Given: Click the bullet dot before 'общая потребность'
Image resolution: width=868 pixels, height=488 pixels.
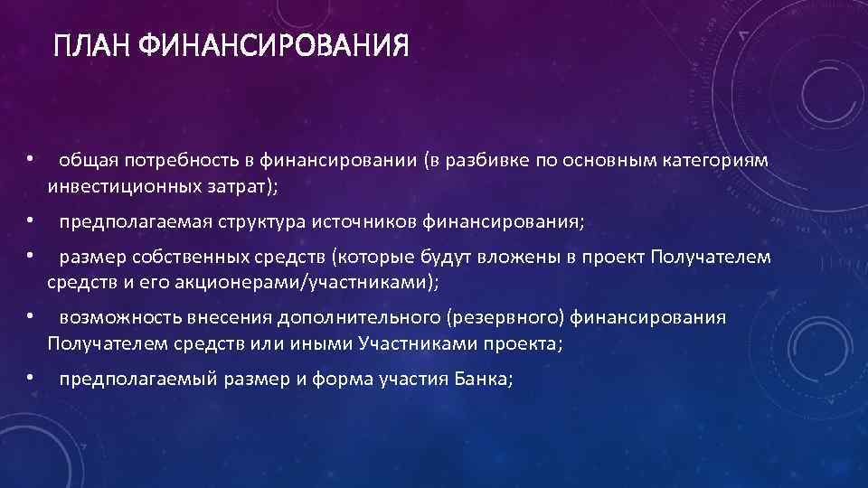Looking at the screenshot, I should point(30,158).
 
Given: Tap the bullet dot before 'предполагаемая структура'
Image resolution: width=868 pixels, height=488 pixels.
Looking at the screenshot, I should point(30,219).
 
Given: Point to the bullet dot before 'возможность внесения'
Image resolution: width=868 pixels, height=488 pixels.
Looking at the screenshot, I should point(30,315).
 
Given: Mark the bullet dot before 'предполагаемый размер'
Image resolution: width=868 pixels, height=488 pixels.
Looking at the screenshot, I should point(30,376).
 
